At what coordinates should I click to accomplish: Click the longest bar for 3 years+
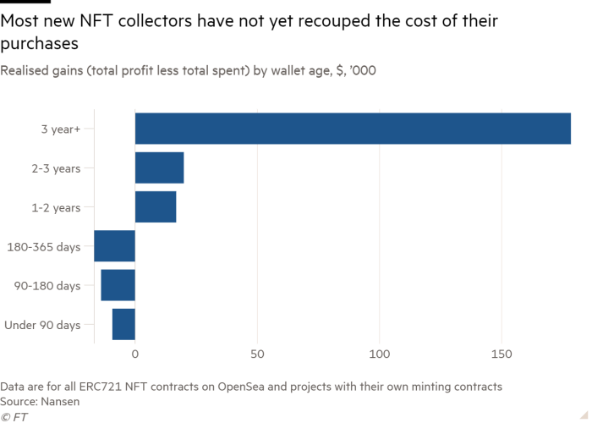[353, 129]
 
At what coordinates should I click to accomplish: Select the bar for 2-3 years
[159, 168]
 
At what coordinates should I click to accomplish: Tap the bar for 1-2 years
[156, 206]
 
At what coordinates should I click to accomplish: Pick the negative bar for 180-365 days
[114, 245]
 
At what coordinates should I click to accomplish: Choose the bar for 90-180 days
[118, 284]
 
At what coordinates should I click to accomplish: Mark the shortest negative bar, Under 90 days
[123, 323]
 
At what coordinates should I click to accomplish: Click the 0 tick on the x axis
[135, 351]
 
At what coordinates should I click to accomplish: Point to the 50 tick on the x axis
[258, 351]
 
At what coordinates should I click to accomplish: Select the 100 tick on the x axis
[380, 351]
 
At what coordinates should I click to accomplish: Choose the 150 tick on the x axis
[502, 351]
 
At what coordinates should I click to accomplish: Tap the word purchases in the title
[41, 42]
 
